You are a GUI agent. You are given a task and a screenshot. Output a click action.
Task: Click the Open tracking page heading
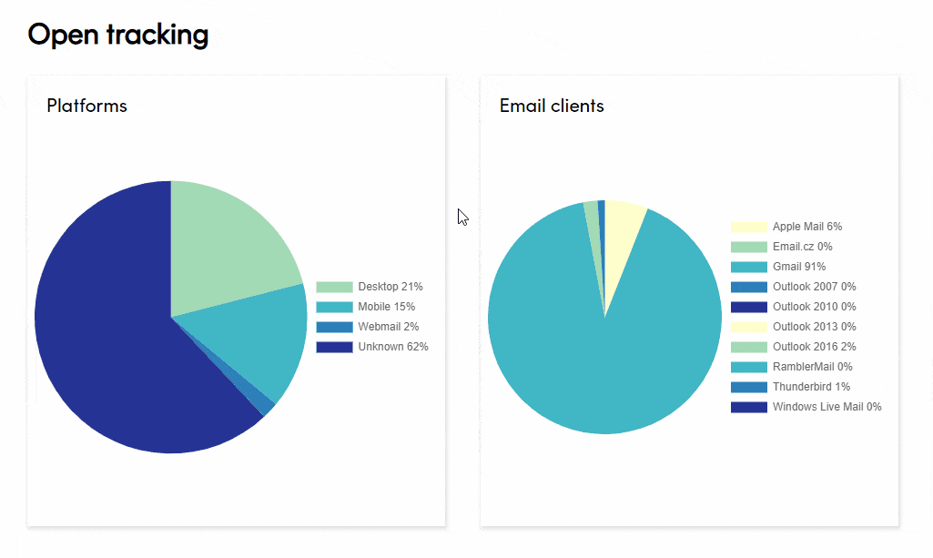118,35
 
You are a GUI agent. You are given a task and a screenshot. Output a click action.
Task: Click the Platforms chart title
86,106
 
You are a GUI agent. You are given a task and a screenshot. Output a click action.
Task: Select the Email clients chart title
551,106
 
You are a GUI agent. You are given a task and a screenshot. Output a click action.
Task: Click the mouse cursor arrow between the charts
462,217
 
